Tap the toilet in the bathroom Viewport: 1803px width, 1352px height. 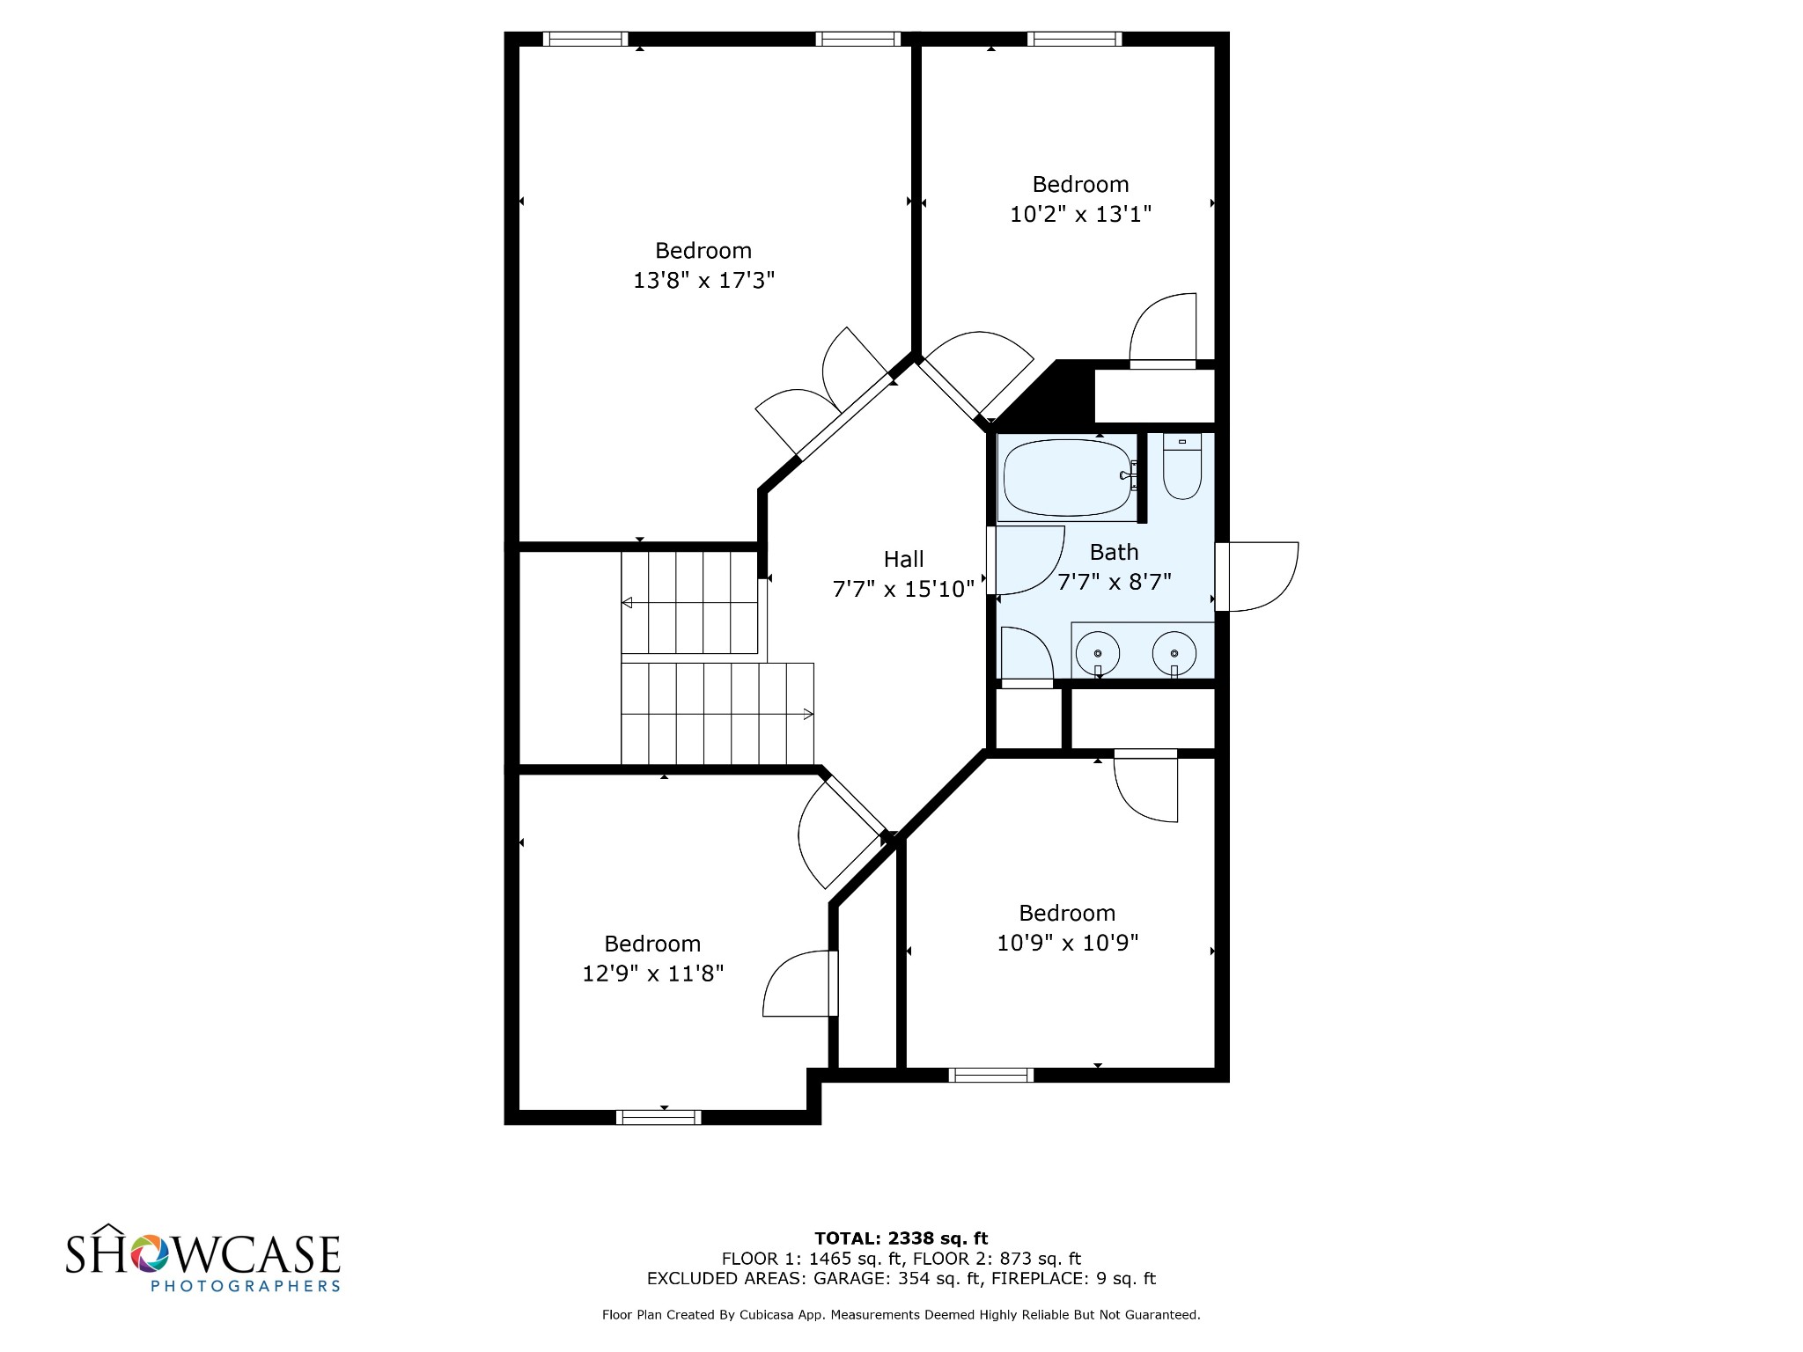click(x=1181, y=467)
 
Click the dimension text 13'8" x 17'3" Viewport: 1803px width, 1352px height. click(x=703, y=281)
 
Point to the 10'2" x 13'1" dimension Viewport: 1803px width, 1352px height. click(x=1080, y=214)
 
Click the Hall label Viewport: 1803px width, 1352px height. click(x=904, y=560)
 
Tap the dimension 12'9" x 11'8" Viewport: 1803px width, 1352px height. click(x=652, y=974)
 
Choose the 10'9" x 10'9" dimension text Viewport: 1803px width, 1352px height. click(x=1067, y=943)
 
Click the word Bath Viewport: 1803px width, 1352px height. click(x=1114, y=553)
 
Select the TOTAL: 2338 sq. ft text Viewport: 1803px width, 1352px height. click(x=901, y=1238)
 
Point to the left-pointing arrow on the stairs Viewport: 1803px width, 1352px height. click(x=628, y=603)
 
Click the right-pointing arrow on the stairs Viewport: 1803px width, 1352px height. click(x=807, y=715)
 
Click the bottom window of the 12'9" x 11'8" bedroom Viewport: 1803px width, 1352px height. click(x=659, y=1118)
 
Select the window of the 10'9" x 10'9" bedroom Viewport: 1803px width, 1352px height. click(x=990, y=1075)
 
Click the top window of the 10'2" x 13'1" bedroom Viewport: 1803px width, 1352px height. click(x=1074, y=39)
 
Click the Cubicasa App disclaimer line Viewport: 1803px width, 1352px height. click(x=901, y=1315)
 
